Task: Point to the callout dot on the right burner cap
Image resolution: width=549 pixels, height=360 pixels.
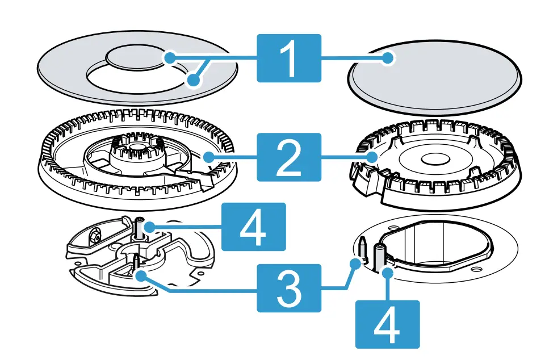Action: [x=388, y=58]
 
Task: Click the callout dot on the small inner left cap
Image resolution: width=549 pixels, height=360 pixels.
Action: [x=170, y=57]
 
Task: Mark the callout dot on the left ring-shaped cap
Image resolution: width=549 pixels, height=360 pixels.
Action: [x=194, y=81]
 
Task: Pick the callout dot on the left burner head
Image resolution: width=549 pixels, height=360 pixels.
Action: [x=209, y=156]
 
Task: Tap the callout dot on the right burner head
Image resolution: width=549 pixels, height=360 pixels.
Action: [x=372, y=156]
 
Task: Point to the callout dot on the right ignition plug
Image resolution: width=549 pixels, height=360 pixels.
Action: [x=356, y=263]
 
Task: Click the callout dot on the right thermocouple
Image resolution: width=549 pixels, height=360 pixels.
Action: [x=388, y=273]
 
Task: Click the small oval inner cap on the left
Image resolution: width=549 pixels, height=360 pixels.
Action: [x=139, y=58]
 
